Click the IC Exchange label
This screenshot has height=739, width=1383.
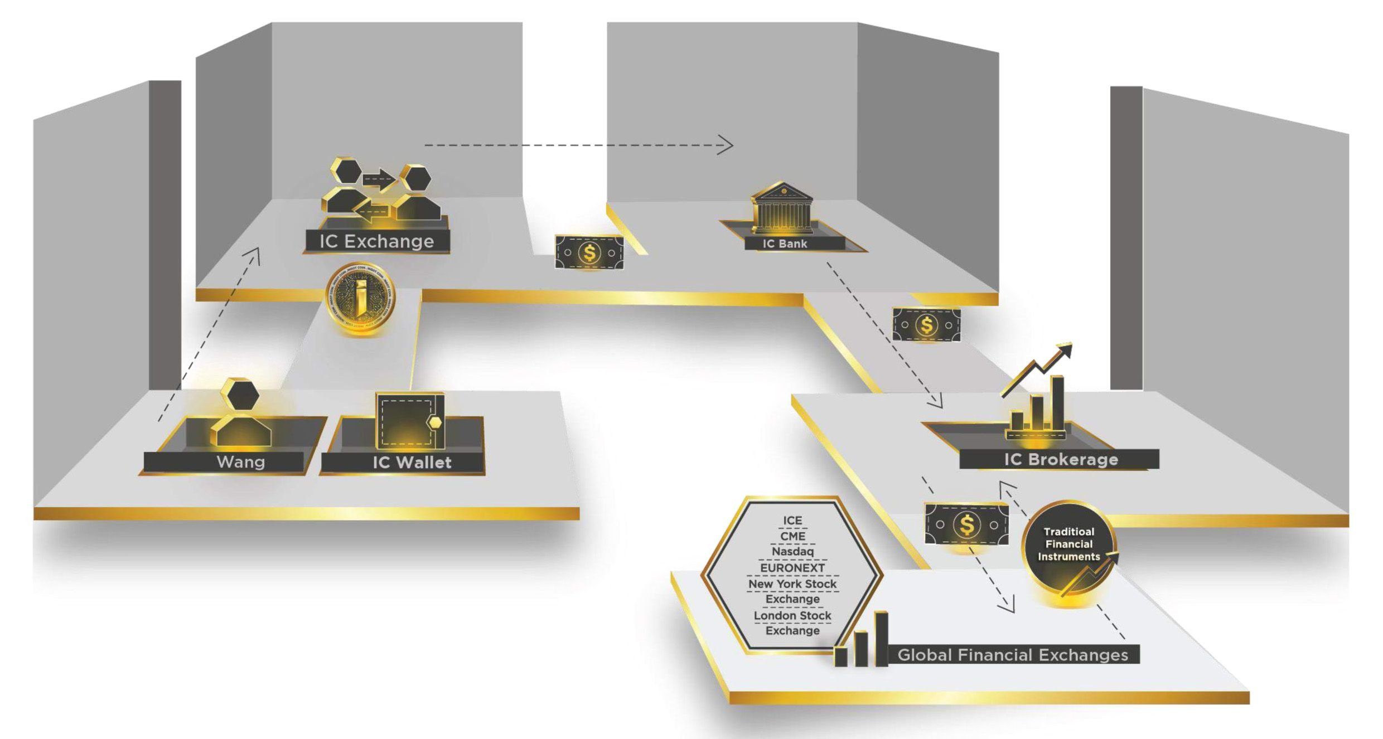click(377, 241)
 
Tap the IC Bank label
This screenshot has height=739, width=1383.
click(785, 244)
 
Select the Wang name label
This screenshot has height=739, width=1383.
click(240, 462)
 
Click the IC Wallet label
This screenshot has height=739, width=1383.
click(412, 463)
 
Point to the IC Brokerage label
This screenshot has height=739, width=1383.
click(1061, 459)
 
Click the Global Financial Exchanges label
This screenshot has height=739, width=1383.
click(1012, 655)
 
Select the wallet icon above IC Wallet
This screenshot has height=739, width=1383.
click(410, 421)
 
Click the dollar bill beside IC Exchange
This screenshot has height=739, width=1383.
click(589, 252)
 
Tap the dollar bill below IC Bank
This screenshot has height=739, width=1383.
click(926, 324)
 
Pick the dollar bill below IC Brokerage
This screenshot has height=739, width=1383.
click(966, 524)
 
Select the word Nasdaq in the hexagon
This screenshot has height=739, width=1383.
click(792, 551)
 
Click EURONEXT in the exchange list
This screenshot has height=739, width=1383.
click(792, 567)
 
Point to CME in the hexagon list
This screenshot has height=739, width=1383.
click(792, 536)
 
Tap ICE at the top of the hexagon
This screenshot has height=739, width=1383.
click(792, 520)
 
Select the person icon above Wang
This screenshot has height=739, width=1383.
click(241, 414)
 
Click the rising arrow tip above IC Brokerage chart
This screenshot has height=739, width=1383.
click(1066, 350)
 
